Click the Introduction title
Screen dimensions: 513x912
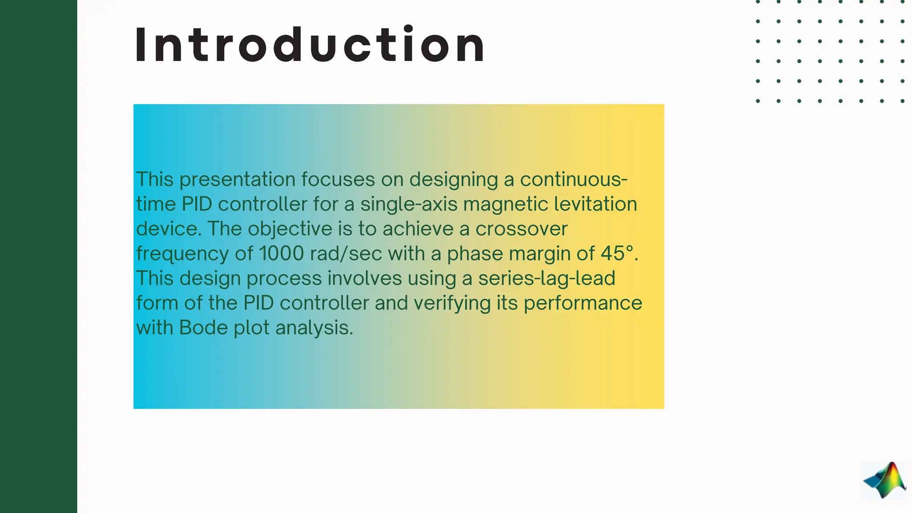click(309, 45)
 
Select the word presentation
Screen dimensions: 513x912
click(237, 180)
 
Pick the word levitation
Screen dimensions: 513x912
click(595, 204)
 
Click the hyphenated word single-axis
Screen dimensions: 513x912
click(409, 204)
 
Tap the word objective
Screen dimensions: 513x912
click(290, 229)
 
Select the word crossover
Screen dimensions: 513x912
click(521, 229)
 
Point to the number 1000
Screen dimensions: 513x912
click(281, 253)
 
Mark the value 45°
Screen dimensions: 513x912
click(617, 253)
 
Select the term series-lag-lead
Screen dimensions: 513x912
click(546, 279)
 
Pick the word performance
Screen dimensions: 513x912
click(583, 304)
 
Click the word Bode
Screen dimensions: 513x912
click(204, 328)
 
